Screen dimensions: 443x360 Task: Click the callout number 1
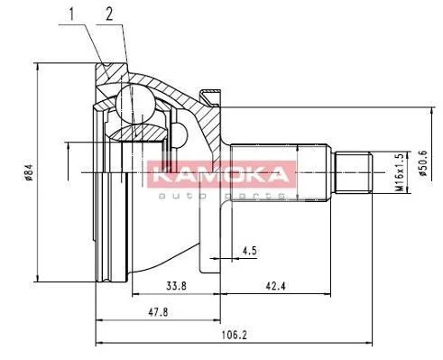tap(71, 14)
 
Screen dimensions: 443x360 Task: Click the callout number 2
tap(109, 14)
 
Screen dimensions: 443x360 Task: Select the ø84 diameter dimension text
tap(29, 172)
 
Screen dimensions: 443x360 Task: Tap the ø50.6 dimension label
tap(423, 163)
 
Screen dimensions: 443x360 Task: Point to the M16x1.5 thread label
tap(399, 172)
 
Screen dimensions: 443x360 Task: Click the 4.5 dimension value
tap(250, 250)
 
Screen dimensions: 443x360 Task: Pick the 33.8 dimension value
tap(176, 285)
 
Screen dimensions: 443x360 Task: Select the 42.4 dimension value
tap(275, 285)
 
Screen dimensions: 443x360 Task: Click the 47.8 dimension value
tap(158, 312)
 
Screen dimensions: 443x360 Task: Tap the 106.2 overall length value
tap(234, 335)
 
